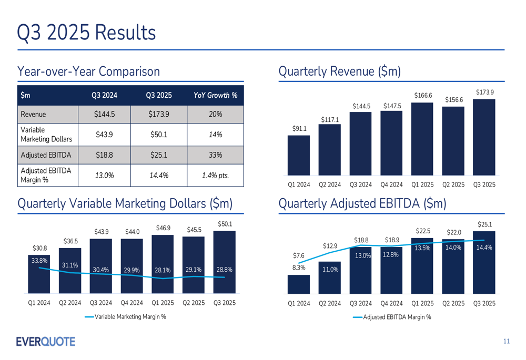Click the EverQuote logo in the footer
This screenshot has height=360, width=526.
[x=46, y=342]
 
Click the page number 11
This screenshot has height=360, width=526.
[x=506, y=342]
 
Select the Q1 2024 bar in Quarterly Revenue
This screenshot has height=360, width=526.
[x=298, y=155]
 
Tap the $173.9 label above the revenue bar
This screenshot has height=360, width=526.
[x=484, y=92]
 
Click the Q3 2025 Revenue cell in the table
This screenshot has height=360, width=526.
[x=159, y=114]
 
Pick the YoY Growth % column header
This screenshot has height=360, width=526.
[x=215, y=95]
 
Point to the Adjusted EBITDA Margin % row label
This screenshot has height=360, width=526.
[x=46, y=175]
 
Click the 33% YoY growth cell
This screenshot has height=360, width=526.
[x=215, y=155]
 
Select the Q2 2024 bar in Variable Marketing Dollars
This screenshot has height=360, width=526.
[x=70, y=271]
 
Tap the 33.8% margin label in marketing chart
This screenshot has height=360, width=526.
[x=39, y=260]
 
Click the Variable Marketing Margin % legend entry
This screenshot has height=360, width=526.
[x=125, y=316]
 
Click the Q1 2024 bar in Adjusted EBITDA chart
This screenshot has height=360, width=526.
[x=298, y=284]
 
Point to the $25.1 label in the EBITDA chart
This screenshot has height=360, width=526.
[x=484, y=224]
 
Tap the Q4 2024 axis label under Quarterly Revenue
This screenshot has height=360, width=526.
[x=391, y=184]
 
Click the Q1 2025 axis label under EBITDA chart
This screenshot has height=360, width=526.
[x=422, y=303]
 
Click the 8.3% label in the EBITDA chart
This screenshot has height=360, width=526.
[x=298, y=267]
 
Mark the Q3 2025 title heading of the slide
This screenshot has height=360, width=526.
[x=86, y=32]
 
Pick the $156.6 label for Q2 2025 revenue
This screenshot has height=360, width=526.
[x=453, y=100]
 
